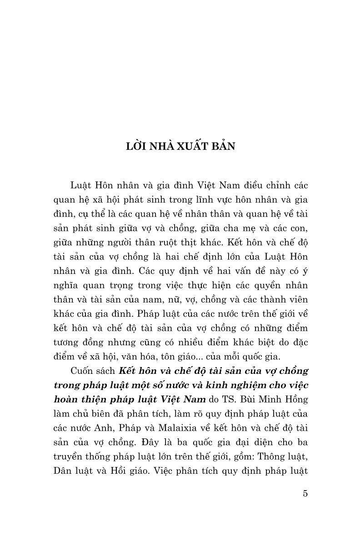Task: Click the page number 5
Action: tap(305, 493)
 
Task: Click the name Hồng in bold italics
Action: tap(297, 400)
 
